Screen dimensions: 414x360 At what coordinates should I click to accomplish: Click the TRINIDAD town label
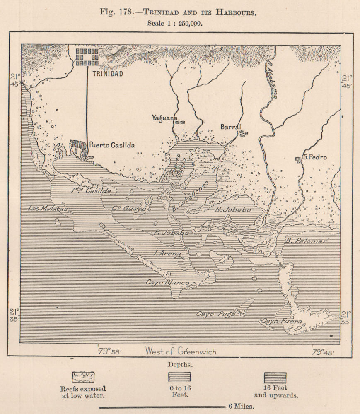107,74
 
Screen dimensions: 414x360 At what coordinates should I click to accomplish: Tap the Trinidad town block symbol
87,57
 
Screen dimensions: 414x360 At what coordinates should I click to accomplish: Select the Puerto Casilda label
112,145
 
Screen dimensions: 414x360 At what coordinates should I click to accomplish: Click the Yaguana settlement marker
180,122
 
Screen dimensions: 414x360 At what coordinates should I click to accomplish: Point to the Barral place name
230,127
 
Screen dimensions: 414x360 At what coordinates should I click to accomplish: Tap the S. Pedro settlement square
297,159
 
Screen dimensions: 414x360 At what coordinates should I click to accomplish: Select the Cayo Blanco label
167,282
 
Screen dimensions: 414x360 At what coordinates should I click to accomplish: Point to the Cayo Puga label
215,314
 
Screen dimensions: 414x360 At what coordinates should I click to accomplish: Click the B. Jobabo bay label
233,210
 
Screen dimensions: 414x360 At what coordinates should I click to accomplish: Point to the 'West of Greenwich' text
180,351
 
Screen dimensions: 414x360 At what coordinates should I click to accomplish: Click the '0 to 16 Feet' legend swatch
179,377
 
